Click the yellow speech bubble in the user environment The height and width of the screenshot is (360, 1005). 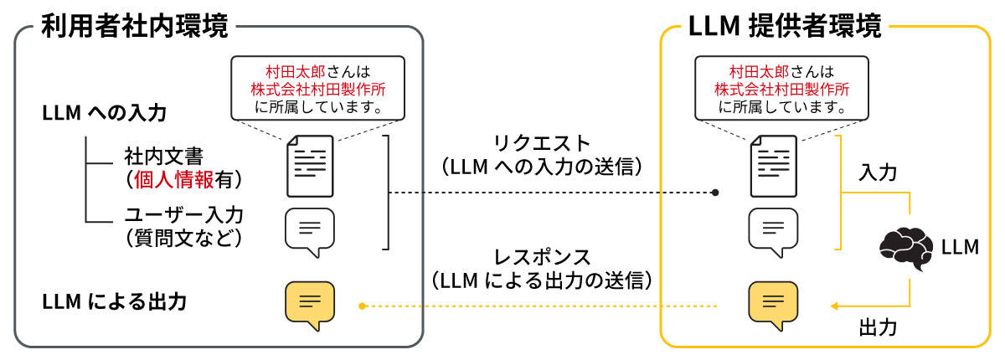310,306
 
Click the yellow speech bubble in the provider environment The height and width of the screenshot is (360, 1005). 773,306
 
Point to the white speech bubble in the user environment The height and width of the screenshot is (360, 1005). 310,232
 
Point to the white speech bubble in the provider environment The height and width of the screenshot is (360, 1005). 773,232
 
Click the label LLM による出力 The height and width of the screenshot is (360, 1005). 114,301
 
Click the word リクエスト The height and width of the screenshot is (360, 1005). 542,143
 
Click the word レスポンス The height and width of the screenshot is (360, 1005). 542,256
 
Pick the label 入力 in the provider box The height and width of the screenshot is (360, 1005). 878,173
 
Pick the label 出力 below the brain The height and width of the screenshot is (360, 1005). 878,327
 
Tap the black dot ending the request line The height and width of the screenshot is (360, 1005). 715,193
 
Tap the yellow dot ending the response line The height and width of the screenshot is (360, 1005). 362,306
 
